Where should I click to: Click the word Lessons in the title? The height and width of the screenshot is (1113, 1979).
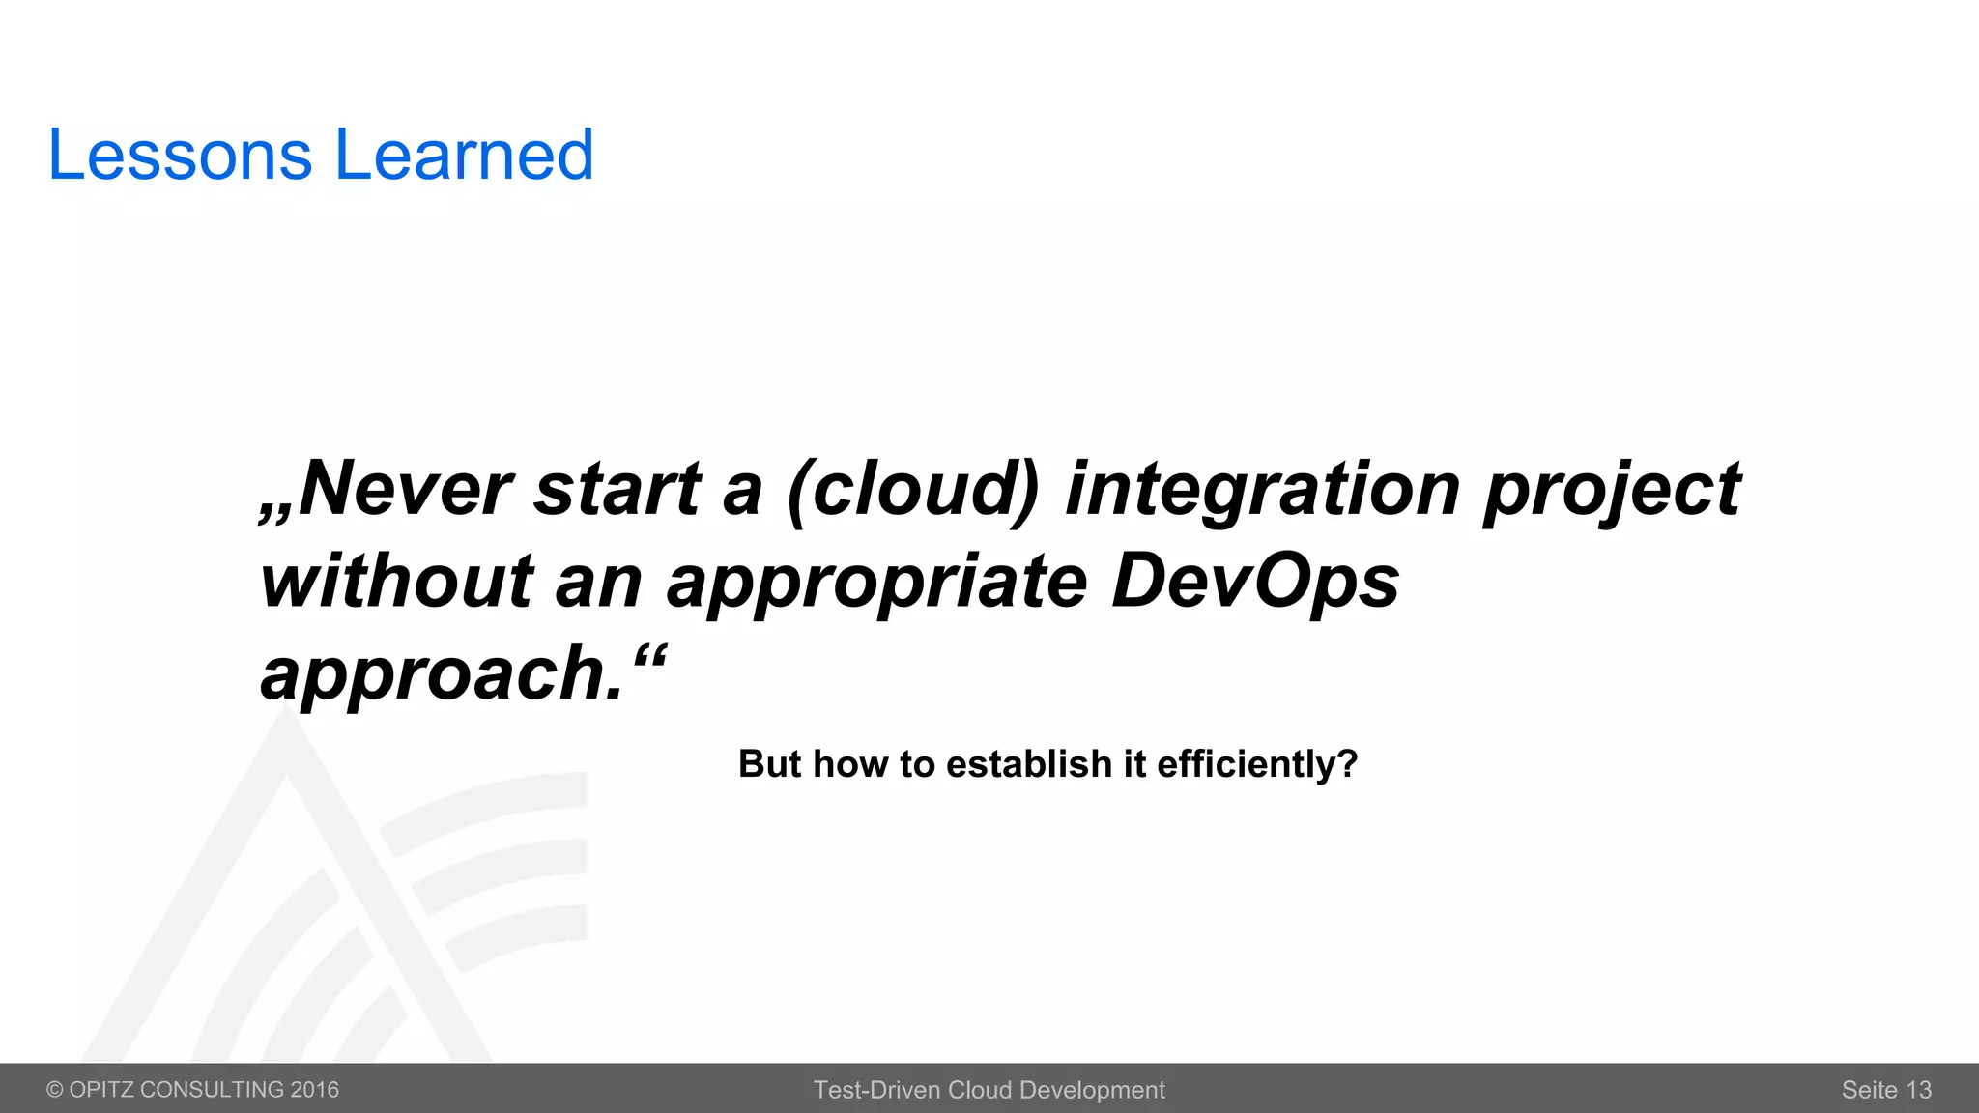coord(180,155)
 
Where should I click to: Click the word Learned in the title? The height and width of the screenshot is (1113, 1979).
coord(464,155)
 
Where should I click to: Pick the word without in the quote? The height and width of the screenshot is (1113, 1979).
coord(396,582)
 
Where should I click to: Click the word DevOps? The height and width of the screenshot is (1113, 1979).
coord(1254,582)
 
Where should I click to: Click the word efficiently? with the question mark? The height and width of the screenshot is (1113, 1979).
coord(1257,764)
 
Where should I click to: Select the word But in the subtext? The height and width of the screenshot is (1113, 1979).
coord(769,764)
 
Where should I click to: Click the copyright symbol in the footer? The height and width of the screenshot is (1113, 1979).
coord(55,1090)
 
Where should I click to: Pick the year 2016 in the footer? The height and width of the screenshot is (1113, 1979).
coord(315,1090)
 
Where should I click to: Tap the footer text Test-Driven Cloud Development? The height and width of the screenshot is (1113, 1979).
coord(989,1090)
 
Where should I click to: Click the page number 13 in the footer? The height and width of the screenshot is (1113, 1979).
coord(1918,1090)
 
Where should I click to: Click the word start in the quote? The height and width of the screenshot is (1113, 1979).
coord(617,489)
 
